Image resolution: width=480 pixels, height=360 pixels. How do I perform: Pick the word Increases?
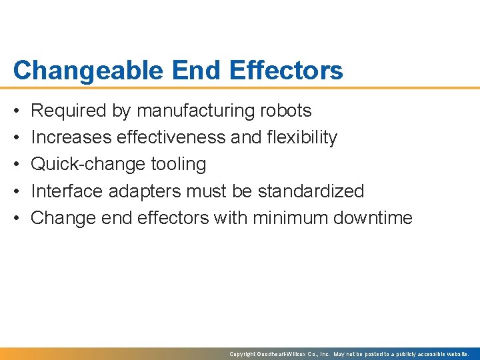[71, 137]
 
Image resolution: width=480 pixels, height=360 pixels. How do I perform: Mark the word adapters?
[144, 191]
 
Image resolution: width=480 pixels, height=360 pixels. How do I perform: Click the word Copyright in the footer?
[242, 354]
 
